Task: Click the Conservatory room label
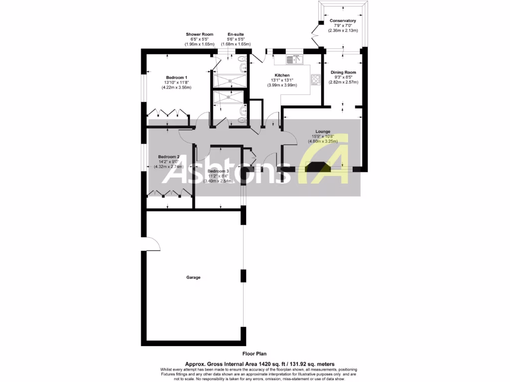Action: click(343, 21)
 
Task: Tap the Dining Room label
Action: click(344, 72)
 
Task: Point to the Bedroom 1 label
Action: click(176, 78)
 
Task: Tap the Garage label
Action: click(193, 278)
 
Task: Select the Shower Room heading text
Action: click(200, 34)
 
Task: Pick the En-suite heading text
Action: click(236, 34)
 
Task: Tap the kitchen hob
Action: click(315, 80)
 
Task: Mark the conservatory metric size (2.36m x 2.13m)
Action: click(343, 31)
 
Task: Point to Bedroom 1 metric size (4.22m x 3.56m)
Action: click(176, 88)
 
